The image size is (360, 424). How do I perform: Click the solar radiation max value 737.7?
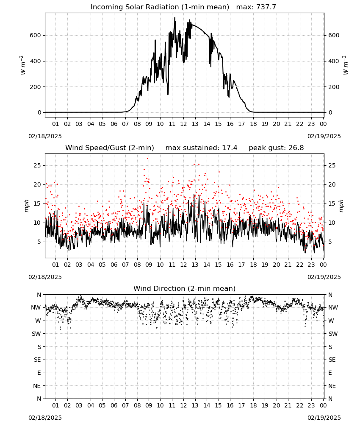(x=266, y=7)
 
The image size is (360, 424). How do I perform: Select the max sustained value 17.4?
(x=230, y=148)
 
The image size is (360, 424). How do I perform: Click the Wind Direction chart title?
(x=185, y=288)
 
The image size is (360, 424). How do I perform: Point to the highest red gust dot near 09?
(x=147, y=159)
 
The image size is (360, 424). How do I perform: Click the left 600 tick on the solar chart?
(x=36, y=36)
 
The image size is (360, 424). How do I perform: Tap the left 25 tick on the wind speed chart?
(x=37, y=165)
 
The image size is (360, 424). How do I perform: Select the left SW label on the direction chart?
(x=36, y=334)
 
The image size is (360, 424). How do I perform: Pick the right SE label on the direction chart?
(x=332, y=360)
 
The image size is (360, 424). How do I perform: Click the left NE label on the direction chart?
(x=37, y=386)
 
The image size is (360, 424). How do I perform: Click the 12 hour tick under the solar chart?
(x=183, y=124)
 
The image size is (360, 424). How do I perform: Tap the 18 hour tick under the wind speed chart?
(x=253, y=265)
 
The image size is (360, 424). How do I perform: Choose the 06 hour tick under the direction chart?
(x=114, y=405)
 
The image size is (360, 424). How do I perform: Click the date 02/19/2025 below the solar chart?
(x=324, y=136)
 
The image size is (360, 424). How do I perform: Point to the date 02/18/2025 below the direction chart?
(x=45, y=418)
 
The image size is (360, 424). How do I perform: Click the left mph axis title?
(x=26, y=206)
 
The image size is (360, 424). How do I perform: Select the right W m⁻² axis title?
(x=346, y=65)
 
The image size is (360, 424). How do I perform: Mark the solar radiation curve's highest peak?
(x=175, y=17)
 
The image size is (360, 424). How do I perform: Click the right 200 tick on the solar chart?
(x=334, y=87)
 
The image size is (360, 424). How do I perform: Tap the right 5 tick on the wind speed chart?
(x=330, y=242)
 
